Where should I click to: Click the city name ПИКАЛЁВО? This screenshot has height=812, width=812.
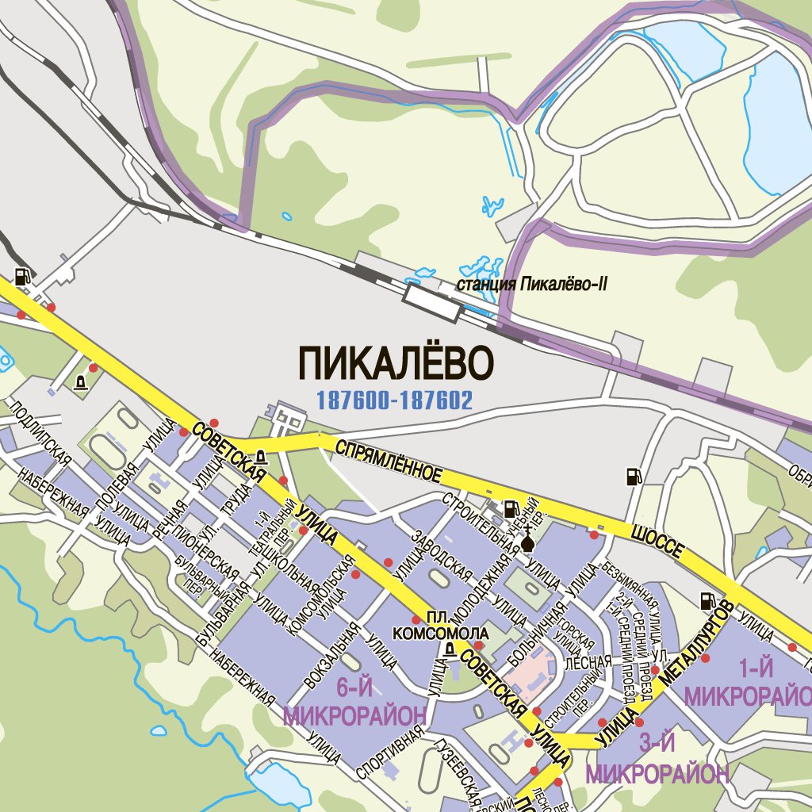pyautogui.click(x=396, y=363)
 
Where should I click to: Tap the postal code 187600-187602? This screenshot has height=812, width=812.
pyautogui.click(x=394, y=400)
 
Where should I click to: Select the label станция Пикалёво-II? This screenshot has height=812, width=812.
pyautogui.click(x=532, y=284)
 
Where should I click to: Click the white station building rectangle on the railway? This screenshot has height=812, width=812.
pyautogui.click(x=432, y=303)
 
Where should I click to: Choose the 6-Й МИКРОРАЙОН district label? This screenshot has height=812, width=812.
pyautogui.click(x=354, y=703)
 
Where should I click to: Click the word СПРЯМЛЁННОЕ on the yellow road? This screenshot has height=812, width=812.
pyautogui.click(x=388, y=461)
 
